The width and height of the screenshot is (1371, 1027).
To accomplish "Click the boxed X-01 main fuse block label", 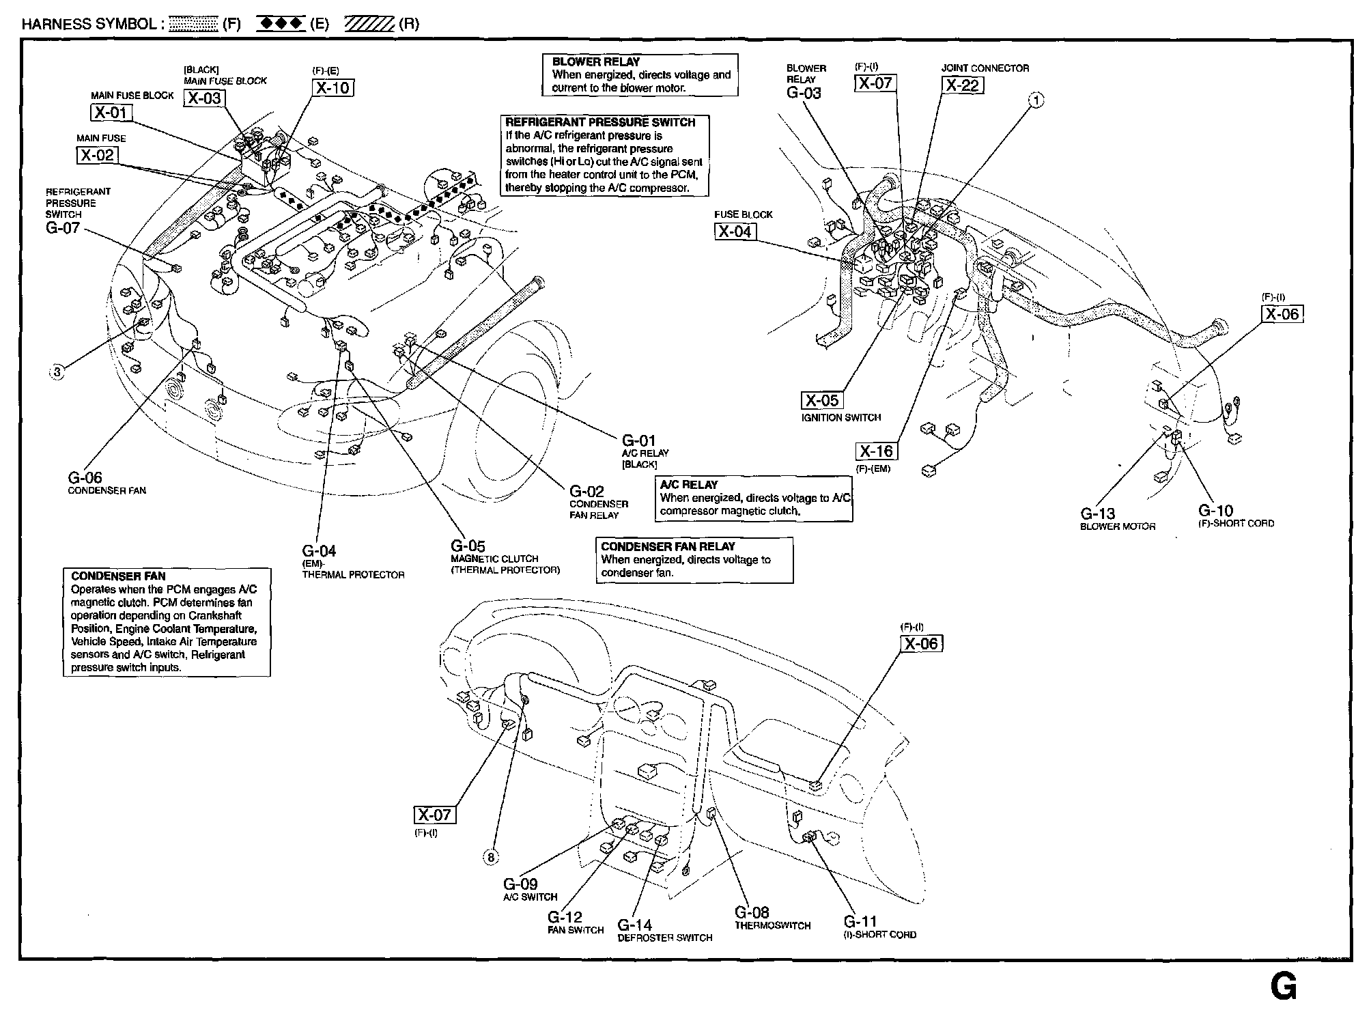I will [111, 112].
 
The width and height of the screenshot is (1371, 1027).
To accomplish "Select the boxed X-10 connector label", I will [333, 87].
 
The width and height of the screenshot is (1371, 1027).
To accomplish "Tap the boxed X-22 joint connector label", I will [962, 85].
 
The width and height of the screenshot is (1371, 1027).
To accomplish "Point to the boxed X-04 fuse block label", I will [735, 231].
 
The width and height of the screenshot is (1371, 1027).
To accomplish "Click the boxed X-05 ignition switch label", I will [821, 401].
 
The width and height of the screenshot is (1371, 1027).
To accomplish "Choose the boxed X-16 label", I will [876, 451].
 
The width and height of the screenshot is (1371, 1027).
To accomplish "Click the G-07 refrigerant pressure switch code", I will [63, 228].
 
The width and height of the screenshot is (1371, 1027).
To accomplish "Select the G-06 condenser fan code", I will [85, 478].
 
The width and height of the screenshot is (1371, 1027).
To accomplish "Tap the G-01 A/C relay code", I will [638, 440].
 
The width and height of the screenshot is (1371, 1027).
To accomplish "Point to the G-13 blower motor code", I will [1097, 514].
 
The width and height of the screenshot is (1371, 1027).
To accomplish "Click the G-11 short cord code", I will [860, 921].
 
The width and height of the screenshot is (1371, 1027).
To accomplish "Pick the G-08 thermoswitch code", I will [752, 912].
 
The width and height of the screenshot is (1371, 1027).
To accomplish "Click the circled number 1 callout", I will [1036, 100].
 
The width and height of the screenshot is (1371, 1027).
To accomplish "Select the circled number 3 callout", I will [57, 372].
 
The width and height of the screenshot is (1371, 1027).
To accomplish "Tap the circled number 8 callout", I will [492, 857].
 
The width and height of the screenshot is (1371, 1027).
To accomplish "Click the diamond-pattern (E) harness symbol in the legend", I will [281, 25].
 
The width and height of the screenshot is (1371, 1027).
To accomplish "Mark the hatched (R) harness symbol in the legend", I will [369, 25].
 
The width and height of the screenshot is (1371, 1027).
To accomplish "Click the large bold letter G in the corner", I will [1283, 987].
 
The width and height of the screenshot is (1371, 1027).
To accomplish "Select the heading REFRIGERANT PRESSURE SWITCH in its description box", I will [600, 122].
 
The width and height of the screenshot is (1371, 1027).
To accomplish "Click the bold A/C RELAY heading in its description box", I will [689, 485].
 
